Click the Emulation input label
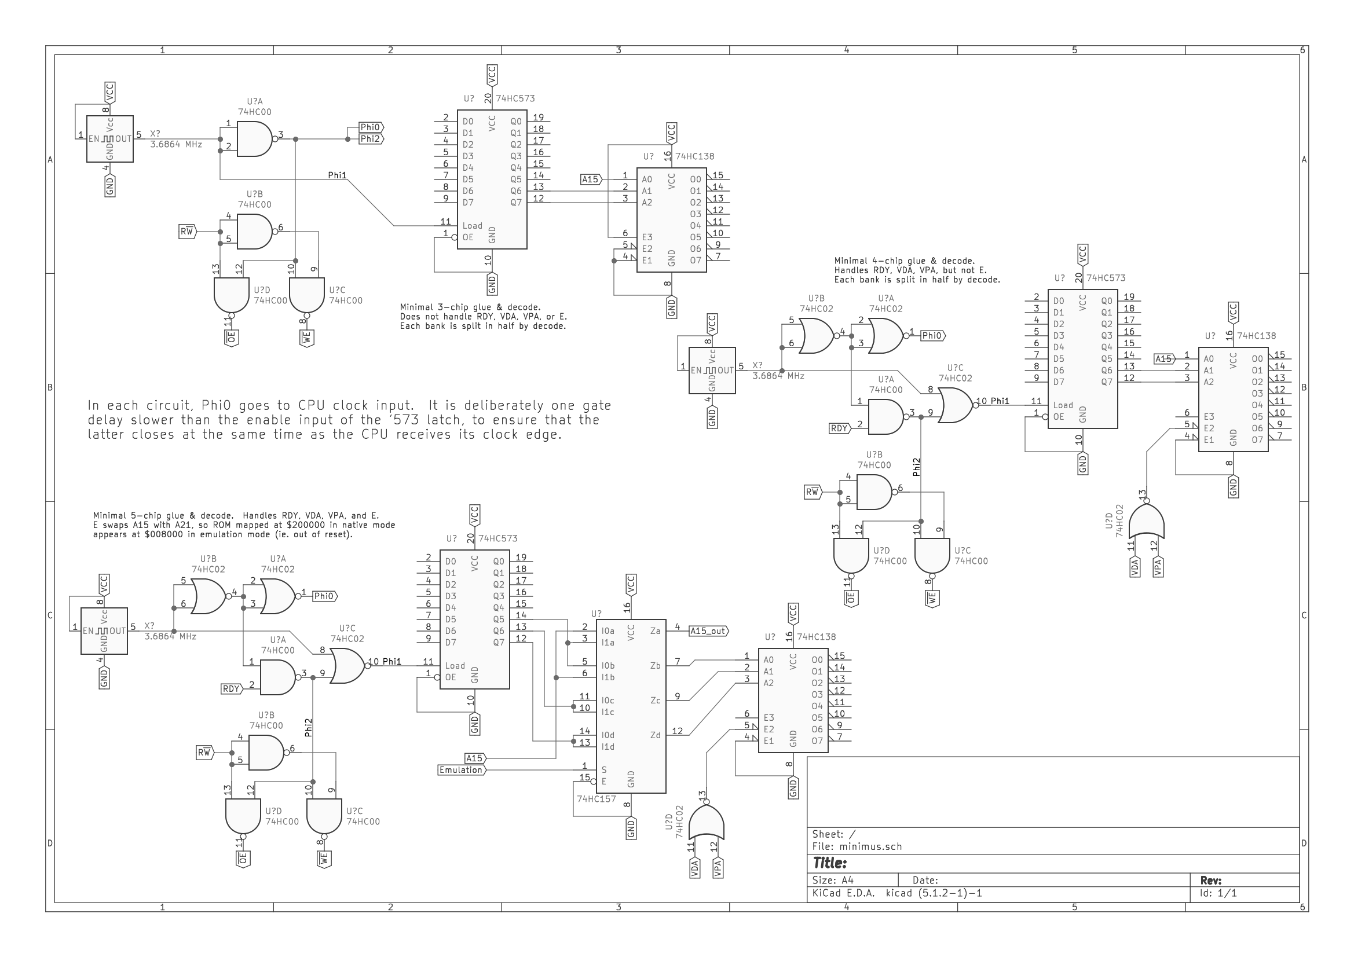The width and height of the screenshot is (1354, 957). point(460,770)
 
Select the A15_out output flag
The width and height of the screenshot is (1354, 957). point(708,631)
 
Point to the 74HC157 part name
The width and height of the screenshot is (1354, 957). point(596,799)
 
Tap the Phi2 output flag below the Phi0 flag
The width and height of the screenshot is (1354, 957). point(370,139)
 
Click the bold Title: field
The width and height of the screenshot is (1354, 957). point(830,863)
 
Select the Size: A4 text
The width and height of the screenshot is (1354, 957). point(833,881)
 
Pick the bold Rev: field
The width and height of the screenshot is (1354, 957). point(1211,881)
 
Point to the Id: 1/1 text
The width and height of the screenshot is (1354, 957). point(1218,893)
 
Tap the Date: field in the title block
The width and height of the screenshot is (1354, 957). point(925,881)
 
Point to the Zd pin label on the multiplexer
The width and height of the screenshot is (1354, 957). point(655,735)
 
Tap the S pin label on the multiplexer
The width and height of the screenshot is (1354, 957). point(604,770)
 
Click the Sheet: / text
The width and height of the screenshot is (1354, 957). point(833,834)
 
